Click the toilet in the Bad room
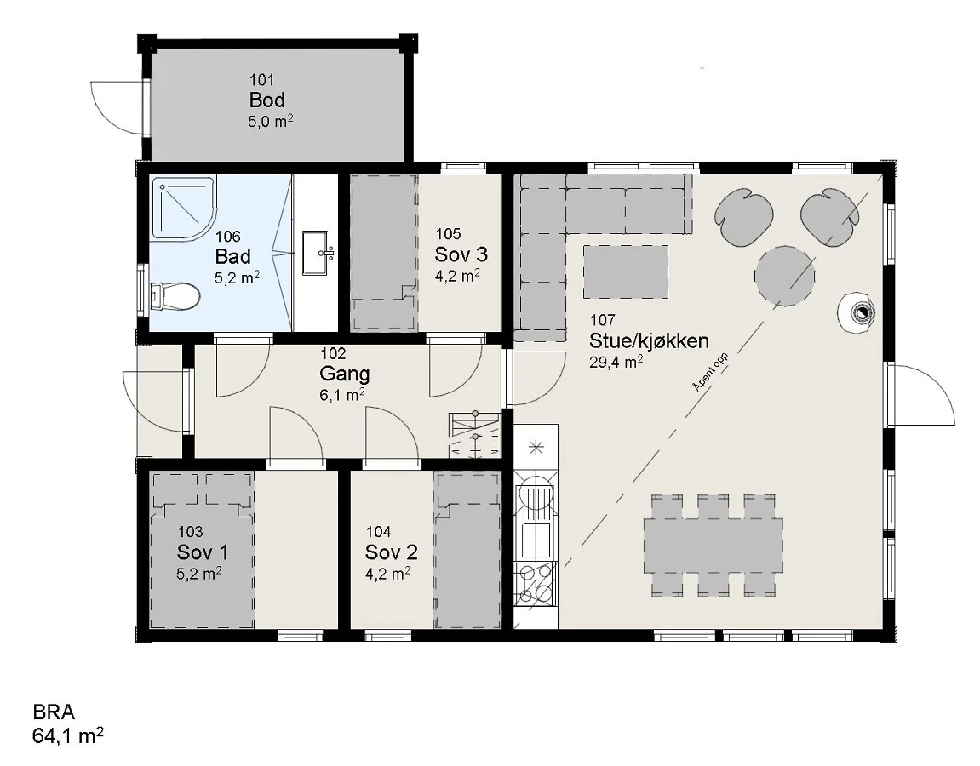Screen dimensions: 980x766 175,295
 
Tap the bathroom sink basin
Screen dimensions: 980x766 318,253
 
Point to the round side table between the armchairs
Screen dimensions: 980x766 785,276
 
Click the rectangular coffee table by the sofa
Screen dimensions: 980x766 626,272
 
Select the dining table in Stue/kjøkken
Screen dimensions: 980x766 714,545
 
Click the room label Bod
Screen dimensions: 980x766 266,100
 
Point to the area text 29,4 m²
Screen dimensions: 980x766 616,362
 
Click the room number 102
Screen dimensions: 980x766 333,353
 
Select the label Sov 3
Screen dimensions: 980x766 461,254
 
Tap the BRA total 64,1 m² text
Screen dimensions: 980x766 67,735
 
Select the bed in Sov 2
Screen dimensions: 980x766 467,550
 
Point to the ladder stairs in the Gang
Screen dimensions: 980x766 475,435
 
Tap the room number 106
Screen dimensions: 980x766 227,236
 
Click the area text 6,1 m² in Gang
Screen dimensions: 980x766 342,395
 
